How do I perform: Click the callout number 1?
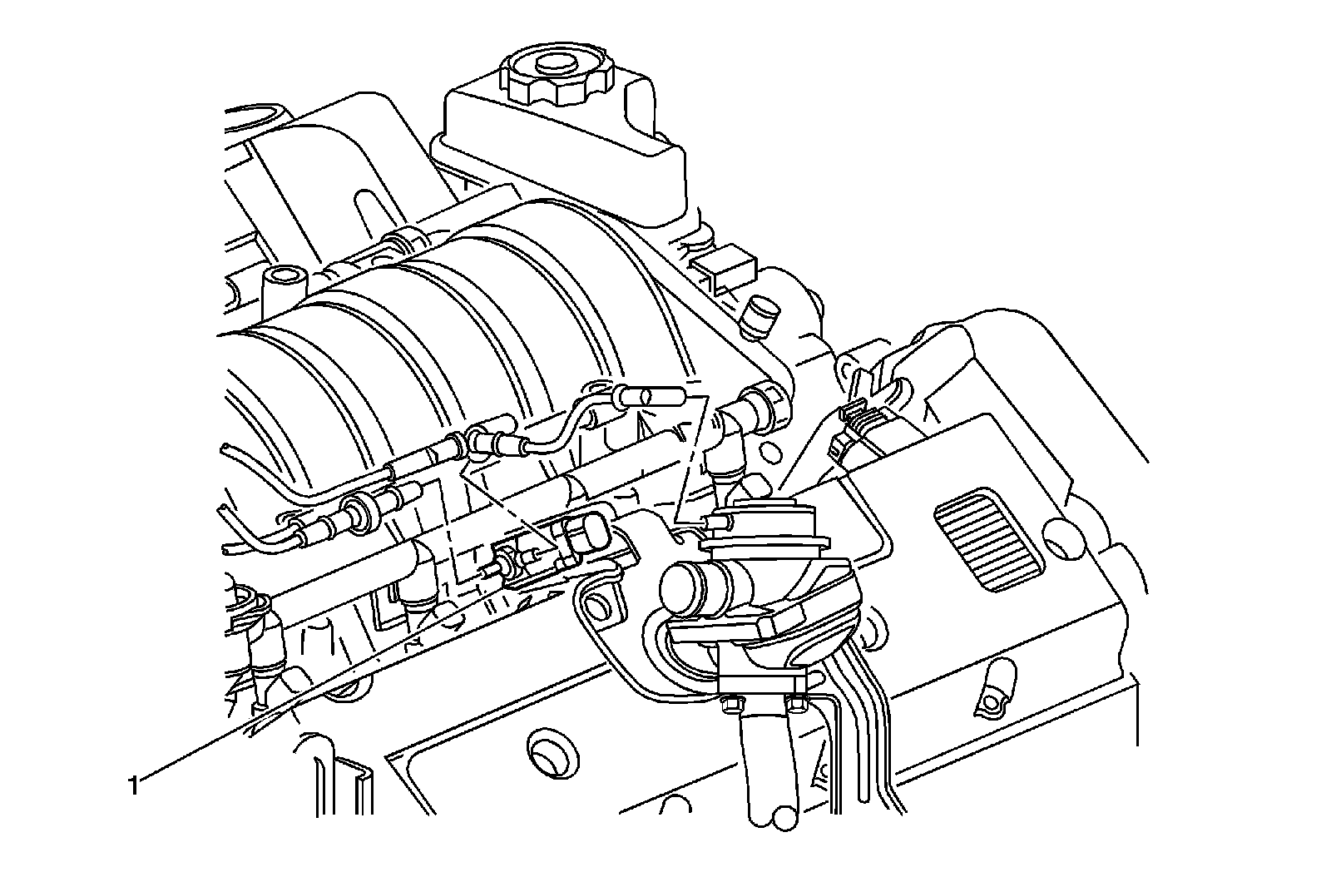pos(135,785)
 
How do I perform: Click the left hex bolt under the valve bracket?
pos(729,706)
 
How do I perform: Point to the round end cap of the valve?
pos(682,588)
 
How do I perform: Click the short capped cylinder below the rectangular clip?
pos(761,318)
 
